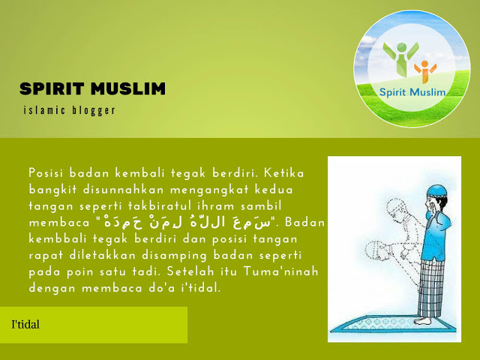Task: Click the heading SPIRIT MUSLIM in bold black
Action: (x=92, y=88)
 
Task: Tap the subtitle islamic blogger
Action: (x=70, y=110)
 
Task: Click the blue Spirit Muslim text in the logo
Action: (x=412, y=92)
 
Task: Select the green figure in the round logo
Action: (x=401, y=59)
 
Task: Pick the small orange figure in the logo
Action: (x=425, y=72)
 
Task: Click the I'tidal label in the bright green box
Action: (x=25, y=325)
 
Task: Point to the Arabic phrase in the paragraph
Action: (x=187, y=222)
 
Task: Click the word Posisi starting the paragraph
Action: (x=46, y=173)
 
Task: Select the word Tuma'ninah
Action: (x=280, y=271)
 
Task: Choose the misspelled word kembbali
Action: (x=58, y=238)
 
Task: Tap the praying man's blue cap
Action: (x=436, y=191)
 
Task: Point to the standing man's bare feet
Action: (x=423, y=321)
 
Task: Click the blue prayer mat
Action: (x=393, y=325)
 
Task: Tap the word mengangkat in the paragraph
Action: (x=209, y=190)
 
